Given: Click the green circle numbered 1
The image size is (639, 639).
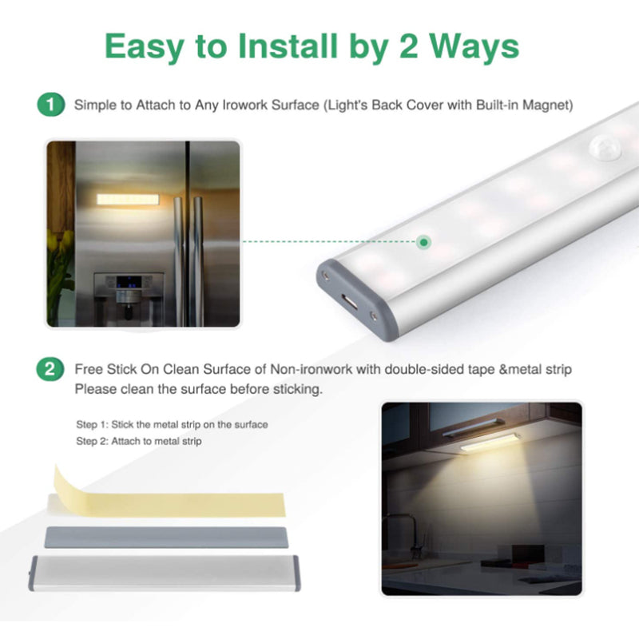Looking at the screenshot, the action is click(51, 105).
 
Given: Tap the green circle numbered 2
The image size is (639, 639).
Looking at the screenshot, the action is click(50, 369).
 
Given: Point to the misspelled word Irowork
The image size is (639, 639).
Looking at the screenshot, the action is click(245, 105).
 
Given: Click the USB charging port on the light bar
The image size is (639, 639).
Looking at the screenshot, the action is click(350, 302).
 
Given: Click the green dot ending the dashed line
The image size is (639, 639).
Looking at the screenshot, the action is click(424, 243).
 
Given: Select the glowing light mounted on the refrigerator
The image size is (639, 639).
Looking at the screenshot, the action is click(128, 199).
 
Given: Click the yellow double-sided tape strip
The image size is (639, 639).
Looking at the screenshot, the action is click(169, 496).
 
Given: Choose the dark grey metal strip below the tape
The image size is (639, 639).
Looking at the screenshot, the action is click(166, 538).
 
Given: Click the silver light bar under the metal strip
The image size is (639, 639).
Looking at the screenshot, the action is click(165, 573).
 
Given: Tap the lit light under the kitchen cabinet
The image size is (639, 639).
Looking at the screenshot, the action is click(490, 443).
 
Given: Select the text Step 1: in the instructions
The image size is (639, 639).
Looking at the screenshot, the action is click(92, 425).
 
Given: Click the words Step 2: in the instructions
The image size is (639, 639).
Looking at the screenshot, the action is click(92, 442).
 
